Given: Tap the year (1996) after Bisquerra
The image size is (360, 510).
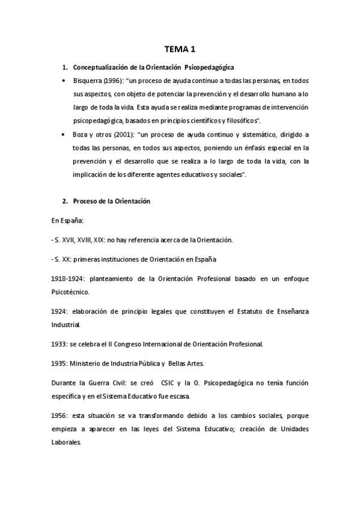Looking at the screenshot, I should [117, 81].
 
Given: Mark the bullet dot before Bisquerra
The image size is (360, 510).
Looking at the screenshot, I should [65, 81].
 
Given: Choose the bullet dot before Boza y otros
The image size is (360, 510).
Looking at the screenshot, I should [65, 135].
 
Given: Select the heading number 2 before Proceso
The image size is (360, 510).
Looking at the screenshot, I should [65, 201].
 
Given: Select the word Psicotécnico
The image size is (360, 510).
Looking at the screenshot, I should [70, 292].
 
